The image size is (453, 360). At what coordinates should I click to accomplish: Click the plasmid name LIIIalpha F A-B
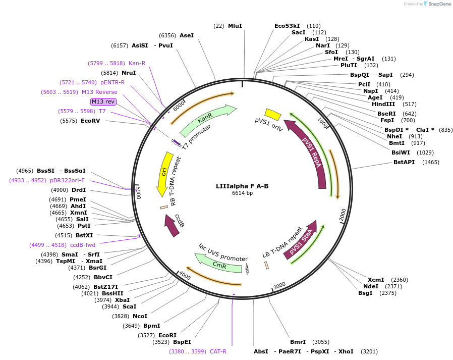coord(242,186)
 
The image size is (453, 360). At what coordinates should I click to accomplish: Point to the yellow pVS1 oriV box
coord(273,115)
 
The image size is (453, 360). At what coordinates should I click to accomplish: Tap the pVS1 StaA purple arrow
coord(301,240)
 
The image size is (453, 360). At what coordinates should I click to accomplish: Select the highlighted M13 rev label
coord(103,101)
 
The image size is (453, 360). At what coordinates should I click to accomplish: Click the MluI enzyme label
coord(235,26)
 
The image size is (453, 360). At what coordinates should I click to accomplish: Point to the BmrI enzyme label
coord(298,342)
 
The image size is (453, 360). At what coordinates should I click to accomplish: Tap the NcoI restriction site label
coord(140,316)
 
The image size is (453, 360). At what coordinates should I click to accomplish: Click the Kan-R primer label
coord(137,63)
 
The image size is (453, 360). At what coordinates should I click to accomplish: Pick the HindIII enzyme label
coord(383,104)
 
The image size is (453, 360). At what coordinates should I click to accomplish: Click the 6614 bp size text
coord(242,193)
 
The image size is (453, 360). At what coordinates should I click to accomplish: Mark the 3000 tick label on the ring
coord(279,285)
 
